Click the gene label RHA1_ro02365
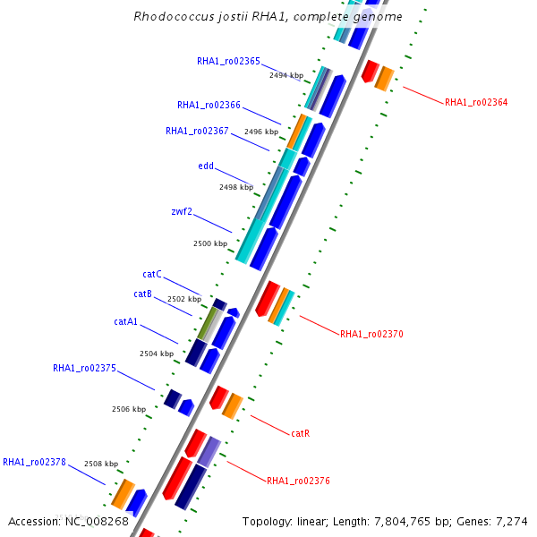tap(228, 61)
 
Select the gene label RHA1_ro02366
tap(209, 105)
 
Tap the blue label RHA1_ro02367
tap(197, 131)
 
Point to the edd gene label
tap(206, 166)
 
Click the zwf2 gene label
tap(182, 211)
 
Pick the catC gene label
tap(152, 274)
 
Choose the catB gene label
tap(143, 294)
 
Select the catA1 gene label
tap(126, 321)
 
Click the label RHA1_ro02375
tap(84, 368)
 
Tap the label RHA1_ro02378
tap(34, 462)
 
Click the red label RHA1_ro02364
tap(476, 103)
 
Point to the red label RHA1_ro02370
tap(371, 334)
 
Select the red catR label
tap(301, 433)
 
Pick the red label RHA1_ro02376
tap(298, 481)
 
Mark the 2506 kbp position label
tap(129, 409)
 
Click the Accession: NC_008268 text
tap(68, 521)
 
